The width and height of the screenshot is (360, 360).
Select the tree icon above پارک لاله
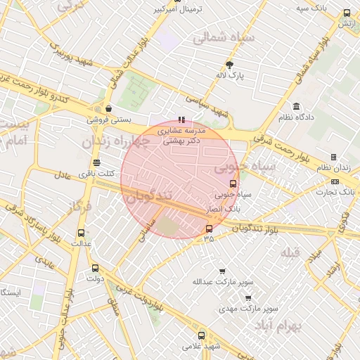229,65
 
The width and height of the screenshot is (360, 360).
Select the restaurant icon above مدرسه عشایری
181,120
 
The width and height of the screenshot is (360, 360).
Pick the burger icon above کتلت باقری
97,163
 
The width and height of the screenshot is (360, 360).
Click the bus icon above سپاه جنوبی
233,184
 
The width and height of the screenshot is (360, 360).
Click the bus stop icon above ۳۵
208,229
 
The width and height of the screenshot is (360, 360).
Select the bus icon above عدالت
81,233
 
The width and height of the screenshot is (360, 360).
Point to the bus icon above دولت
96,268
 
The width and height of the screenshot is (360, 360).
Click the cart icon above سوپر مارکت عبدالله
222,271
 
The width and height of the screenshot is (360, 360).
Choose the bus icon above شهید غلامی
202,335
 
